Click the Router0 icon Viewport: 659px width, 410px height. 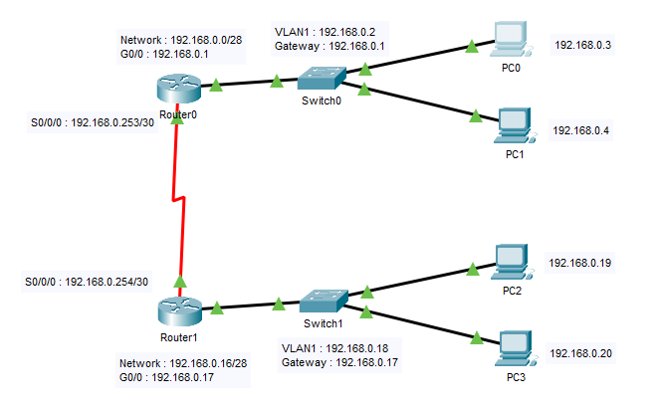pos(179,88)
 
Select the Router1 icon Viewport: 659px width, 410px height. pos(179,309)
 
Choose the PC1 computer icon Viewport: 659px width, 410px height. pos(514,123)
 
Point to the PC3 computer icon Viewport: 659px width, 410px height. pos(514,347)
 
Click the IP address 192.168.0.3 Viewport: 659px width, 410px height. pos(582,45)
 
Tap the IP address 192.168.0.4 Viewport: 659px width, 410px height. pos(580,130)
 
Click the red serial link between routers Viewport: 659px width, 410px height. pos(180,199)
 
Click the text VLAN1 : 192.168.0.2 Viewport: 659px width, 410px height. pos(332,32)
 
